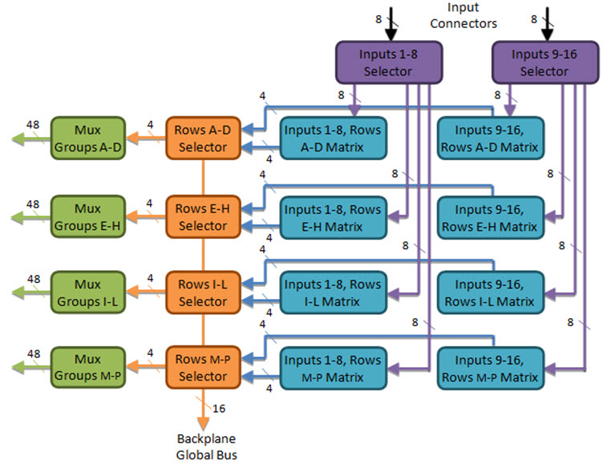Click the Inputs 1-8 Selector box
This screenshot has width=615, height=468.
388,62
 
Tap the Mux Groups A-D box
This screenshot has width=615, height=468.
87,138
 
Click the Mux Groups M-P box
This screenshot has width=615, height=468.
87,368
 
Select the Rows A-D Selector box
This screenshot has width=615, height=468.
203,138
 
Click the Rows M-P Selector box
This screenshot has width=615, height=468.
203,368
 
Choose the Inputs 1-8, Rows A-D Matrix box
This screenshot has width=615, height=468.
333,138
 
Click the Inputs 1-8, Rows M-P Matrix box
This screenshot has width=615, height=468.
333,368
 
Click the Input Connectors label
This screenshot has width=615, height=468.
463,15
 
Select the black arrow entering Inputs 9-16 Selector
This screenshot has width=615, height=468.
547,25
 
